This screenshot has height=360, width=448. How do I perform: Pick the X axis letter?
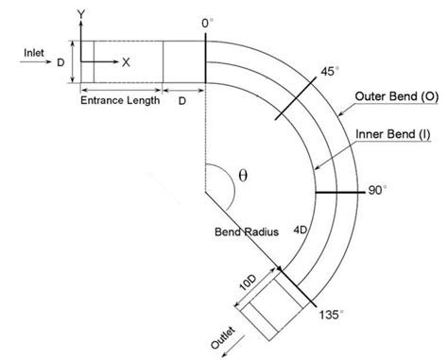click(x=126, y=61)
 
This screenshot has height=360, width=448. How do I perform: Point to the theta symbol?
click(x=243, y=176)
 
